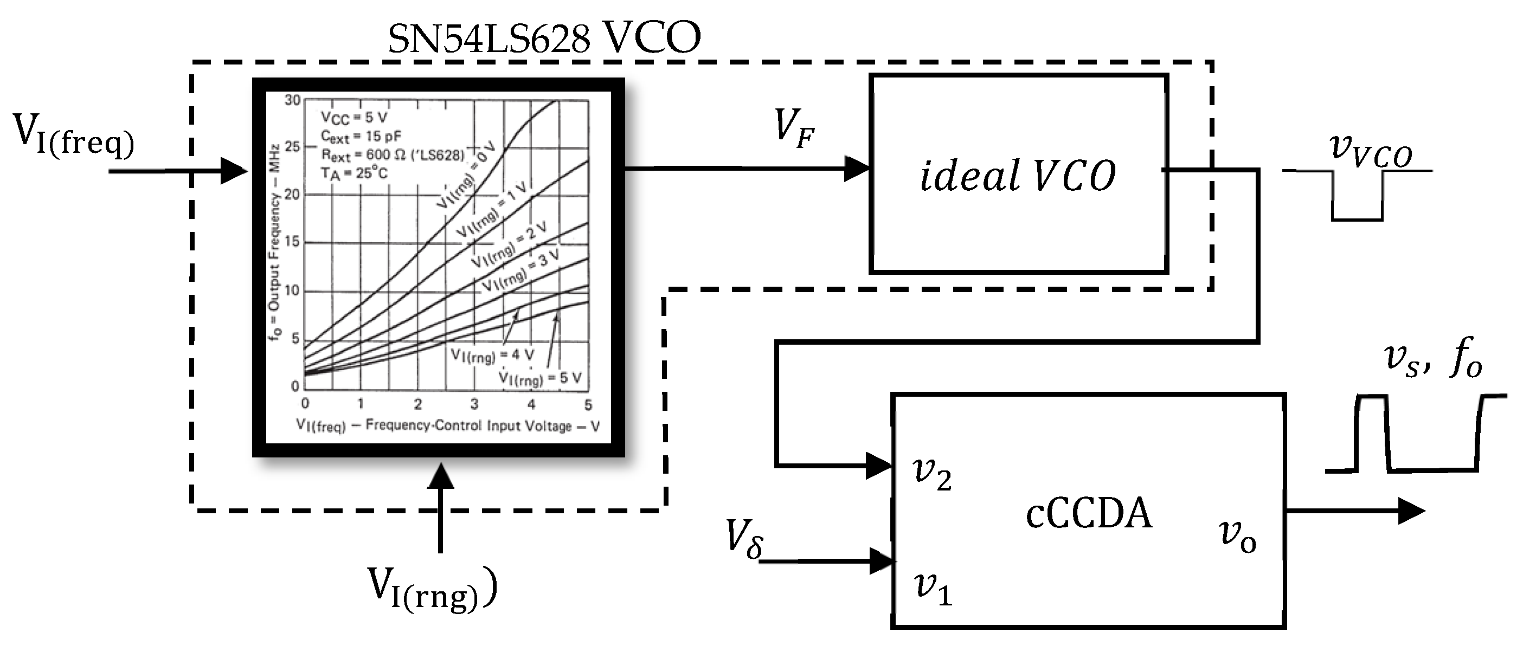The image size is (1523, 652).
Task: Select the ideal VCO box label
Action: click(x=1018, y=176)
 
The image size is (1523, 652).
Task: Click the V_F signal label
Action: click(x=793, y=126)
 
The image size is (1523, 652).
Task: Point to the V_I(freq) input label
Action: click(x=74, y=135)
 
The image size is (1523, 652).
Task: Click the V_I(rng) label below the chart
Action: click(x=432, y=588)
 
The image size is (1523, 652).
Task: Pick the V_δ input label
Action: click(x=744, y=539)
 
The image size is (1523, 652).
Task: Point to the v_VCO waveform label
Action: click(x=1371, y=151)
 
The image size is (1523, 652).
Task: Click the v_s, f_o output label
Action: click(x=1433, y=360)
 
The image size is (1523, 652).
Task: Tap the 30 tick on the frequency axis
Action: click(x=292, y=100)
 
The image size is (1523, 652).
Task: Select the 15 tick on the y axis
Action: click(x=292, y=242)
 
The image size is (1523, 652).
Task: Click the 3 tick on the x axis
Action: click(x=474, y=404)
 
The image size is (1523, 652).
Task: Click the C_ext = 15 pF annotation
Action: click(x=360, y=136)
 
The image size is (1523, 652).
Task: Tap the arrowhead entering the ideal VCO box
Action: click(x=857, y=169)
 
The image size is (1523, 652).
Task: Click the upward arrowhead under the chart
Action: click(x=440, y=476)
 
